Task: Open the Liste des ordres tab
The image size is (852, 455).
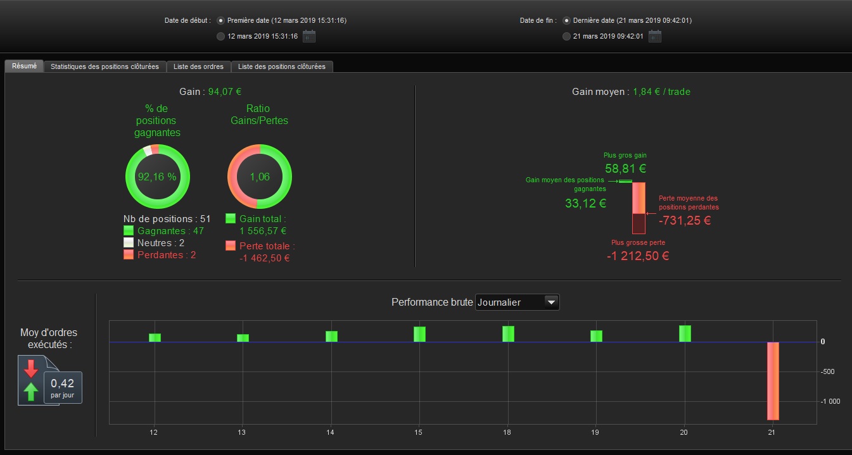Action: (198, 66)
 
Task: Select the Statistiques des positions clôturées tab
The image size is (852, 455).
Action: (105, 66)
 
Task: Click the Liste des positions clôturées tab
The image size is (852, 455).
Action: (282, 66)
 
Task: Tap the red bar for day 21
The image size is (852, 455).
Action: (773, 380)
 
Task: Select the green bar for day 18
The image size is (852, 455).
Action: (508, 334)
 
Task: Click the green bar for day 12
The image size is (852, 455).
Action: (155, 338)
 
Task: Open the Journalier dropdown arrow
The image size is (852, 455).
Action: (552, 302)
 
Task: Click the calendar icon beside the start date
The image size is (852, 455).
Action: (309, 36)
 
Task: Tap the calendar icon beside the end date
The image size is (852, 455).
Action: (655, 36)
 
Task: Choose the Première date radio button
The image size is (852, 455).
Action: (220, 20)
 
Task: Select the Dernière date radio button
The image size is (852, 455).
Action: (566, 20)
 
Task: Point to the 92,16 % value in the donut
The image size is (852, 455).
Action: (157, 177)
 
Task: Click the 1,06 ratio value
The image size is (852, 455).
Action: (260, 177)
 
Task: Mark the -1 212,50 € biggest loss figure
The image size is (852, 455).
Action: (637, 256)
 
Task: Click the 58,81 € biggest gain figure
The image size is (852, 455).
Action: (625, 169)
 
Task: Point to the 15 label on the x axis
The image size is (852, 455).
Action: (419, 432)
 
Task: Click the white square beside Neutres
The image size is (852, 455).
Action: (129, 243)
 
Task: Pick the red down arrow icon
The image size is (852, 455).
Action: (30, 368)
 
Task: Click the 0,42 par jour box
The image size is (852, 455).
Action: (62, 387)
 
